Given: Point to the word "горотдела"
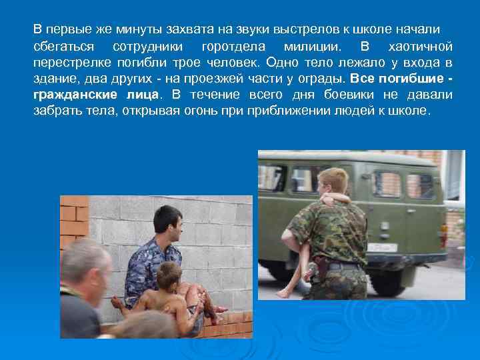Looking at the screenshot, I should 233,47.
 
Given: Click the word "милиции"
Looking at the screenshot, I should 311,47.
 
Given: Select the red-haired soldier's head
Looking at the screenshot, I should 332,181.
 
